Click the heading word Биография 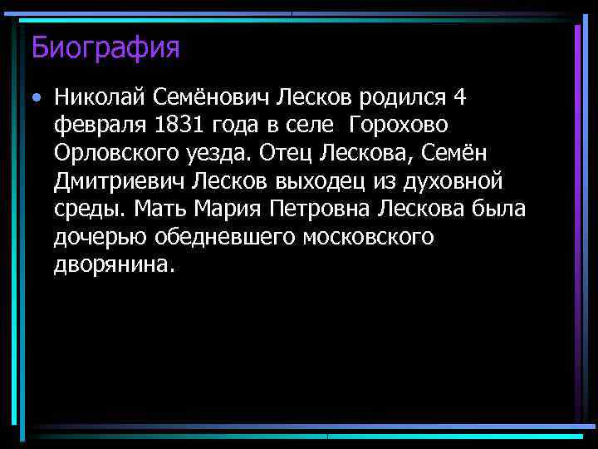[x=105, y=47]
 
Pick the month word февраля [x=100, y=126]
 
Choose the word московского [x=369, y=237]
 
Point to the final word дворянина [x=115, y=264]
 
